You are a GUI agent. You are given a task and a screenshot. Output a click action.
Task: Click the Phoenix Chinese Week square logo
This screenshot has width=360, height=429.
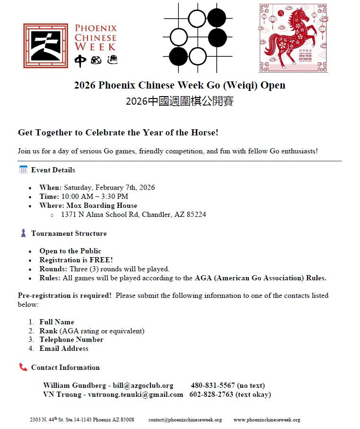[x=46, y=46]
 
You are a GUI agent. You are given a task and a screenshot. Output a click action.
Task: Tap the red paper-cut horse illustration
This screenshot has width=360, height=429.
[x=293, y=38]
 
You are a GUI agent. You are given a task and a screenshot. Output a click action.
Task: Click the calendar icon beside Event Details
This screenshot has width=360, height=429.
[x=23, y=170]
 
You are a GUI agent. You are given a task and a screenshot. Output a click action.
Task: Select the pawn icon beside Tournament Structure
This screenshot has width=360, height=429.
[x=23, y=233]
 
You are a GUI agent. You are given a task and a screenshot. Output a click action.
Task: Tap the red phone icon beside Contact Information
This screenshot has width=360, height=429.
[x=23, y=367]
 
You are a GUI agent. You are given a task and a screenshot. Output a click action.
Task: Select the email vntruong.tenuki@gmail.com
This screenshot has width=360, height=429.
[x=135, y=394]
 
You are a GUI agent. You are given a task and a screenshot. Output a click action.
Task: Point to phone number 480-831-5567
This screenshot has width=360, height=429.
[x=213, y=385]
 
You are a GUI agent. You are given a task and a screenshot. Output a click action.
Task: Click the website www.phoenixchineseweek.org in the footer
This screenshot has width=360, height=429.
[x=267, y=420]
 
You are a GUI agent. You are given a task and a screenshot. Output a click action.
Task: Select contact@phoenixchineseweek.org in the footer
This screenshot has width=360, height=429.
[x=185, y=420]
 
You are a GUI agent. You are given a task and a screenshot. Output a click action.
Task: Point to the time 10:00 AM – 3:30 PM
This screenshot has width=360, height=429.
[x=95, y=197]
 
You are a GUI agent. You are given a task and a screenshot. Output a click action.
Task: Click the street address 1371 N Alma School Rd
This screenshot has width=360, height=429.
[x=100, y=214]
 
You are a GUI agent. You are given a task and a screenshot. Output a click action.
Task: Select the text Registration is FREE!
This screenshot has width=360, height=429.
[x=76, y=260]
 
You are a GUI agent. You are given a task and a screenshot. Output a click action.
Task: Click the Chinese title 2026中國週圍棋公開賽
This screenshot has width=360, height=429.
[x=180, y=101]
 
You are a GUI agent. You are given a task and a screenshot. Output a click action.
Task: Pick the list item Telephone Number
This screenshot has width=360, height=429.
[x=71, y=340]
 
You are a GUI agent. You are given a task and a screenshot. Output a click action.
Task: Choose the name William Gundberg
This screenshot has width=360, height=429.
[x=74, y=385]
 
